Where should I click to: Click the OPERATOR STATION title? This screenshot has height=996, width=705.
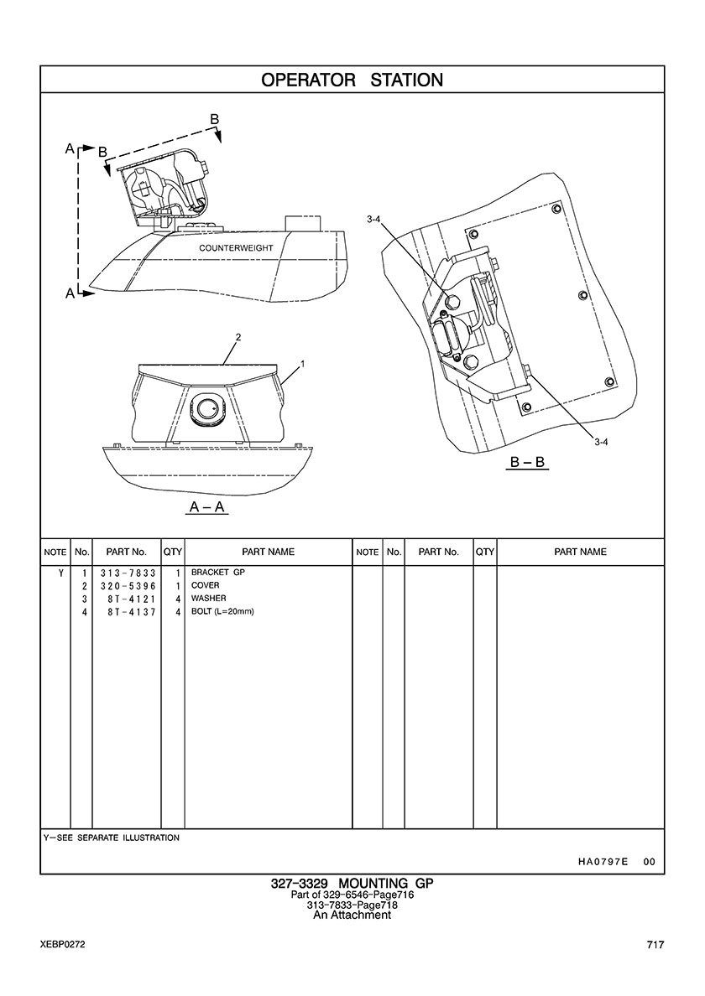pyautogui.click(x=352, y=80)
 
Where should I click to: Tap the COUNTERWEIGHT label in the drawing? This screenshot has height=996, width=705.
pyautogui.click(x=238, y=249)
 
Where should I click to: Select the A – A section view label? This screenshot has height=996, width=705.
pyautogui.click(x=207, y=508)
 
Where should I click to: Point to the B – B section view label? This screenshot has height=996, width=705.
pyautogui.click(x=528, y=462)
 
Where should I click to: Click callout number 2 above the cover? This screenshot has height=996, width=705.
pyautogui.click(x=238, y=337)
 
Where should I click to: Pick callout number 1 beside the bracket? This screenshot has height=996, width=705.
pyautogui.click(x=301, y=365)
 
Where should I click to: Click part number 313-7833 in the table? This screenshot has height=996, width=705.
pyautogui.click(x=126, y=573)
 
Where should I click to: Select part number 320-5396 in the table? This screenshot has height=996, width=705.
pyautogui.click(x=126, y=585)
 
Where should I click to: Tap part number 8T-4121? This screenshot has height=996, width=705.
pyautogui.click(x=131, y=599)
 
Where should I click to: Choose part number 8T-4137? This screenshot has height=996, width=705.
pyautogui.click(x=131, y=612)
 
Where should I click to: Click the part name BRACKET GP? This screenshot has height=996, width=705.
pyautogui.click(x=217, y=572)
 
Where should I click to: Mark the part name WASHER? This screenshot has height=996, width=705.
pyautogui.click(x=208, y=599)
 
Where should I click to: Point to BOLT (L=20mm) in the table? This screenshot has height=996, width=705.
pyautogui.click(x=222, y=612)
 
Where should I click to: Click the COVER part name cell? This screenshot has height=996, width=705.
pyautogui.click(x=205, y=585)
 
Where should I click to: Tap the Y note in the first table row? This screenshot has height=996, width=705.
pyautogui.click(x=60, y=573)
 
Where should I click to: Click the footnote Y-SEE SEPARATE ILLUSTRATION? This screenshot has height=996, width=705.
pyautogui.click(x=111, y=838)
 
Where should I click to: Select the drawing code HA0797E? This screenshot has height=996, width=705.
pyautogui.click(x=603, y=862)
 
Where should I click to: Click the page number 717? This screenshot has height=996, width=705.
pyautogui.click(x=655, y=945)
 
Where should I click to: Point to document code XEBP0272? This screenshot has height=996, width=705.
pyautogui.click(x=62, y=945)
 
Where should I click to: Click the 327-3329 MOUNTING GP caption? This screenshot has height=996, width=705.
pyautogui.click(x=352, y=884)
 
